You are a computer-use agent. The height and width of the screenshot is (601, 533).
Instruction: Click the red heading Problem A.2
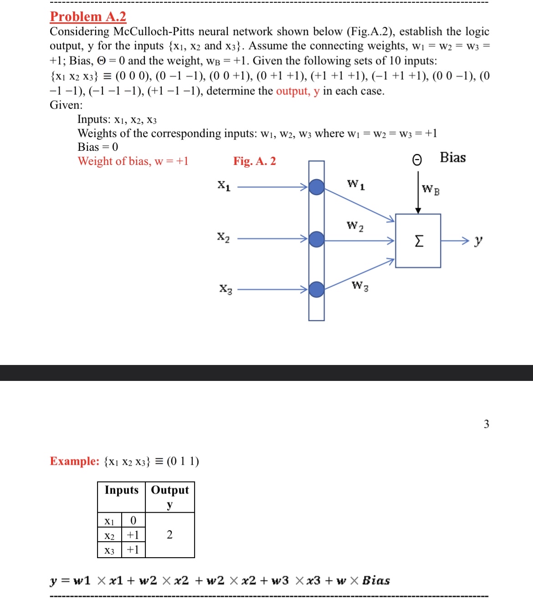pyautogui.click(x=88, y=17)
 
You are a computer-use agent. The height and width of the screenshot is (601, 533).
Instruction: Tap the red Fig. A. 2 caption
pyautogui.click(x=254, y=161)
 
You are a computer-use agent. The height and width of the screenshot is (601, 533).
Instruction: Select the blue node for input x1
pyautogui.click(x=317, y=187)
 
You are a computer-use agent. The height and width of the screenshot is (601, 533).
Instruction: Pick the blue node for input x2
pyautogui.click(x=317, y=239)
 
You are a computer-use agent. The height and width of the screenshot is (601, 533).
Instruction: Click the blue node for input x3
pyautogui.click(x=317, y=289)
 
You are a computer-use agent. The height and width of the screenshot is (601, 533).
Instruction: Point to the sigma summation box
pyautogui.click(x=418, y=241)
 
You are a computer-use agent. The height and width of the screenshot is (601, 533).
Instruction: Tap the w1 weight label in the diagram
pyautogui.click(x=356, y=185)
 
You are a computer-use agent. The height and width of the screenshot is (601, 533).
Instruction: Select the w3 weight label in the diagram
pyautogui.click(x=360, y=286)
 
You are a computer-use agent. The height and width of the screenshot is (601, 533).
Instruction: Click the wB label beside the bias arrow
pyautogui.click(x=430, y=189)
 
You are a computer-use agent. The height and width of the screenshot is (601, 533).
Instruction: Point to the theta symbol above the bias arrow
pyautogui.click(x=417, y=159)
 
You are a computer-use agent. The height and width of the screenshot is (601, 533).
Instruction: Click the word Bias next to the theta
pyautogui.click(x=452, y=158)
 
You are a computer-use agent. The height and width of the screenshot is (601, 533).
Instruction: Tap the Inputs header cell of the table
pyautogui.click(x=121, y=490)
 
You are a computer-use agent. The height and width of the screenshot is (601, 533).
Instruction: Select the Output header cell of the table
pyautogui.click(x=170, y=490)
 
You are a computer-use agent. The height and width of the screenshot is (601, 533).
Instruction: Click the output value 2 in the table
pyautogui.click(x=169, y=535)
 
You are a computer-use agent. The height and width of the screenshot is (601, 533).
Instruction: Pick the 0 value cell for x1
pyautogui.click(x=133, y=520)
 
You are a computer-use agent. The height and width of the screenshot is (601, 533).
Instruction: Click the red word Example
pyautogui.click(x=74, y=461)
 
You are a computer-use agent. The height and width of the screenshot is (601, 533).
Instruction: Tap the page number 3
pyautogui.click(x=486, y=424)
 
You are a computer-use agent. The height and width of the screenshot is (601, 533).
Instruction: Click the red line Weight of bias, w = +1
pyautogui.click(x=133, y=161)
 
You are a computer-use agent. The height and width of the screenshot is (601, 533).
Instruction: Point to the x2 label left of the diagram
pyautogui.click(x=223, y=237)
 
